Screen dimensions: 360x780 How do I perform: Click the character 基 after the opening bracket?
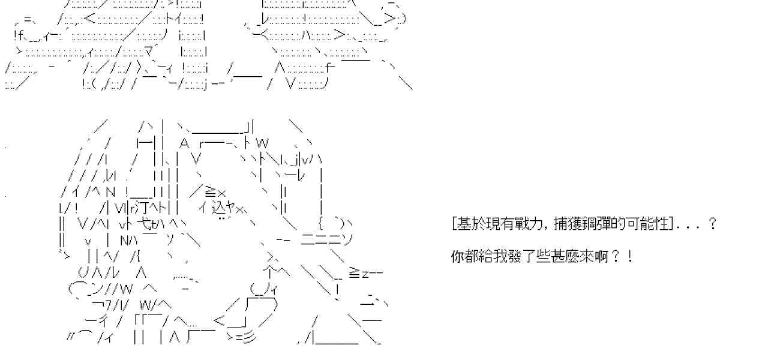tap(462, 224)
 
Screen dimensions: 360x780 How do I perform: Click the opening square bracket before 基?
tap(454, 224)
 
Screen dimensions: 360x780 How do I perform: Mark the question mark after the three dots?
tap(712, 224)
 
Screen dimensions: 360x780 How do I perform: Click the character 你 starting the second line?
tap(457, 257)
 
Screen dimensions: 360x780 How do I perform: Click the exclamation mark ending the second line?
tap(629, 257)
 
